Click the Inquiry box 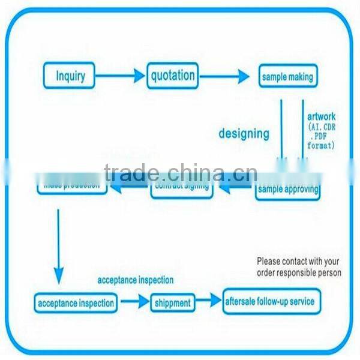[70, 76]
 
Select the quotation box [173, 76]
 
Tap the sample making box [287, 77]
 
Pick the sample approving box [287, 191]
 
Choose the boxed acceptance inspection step [76, 302]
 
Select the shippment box [173, 303]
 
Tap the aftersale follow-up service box [269, 301]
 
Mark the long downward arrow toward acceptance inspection [59, 246]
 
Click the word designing [243, 133]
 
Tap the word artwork [322, 116]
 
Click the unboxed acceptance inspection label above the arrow [136, 280]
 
